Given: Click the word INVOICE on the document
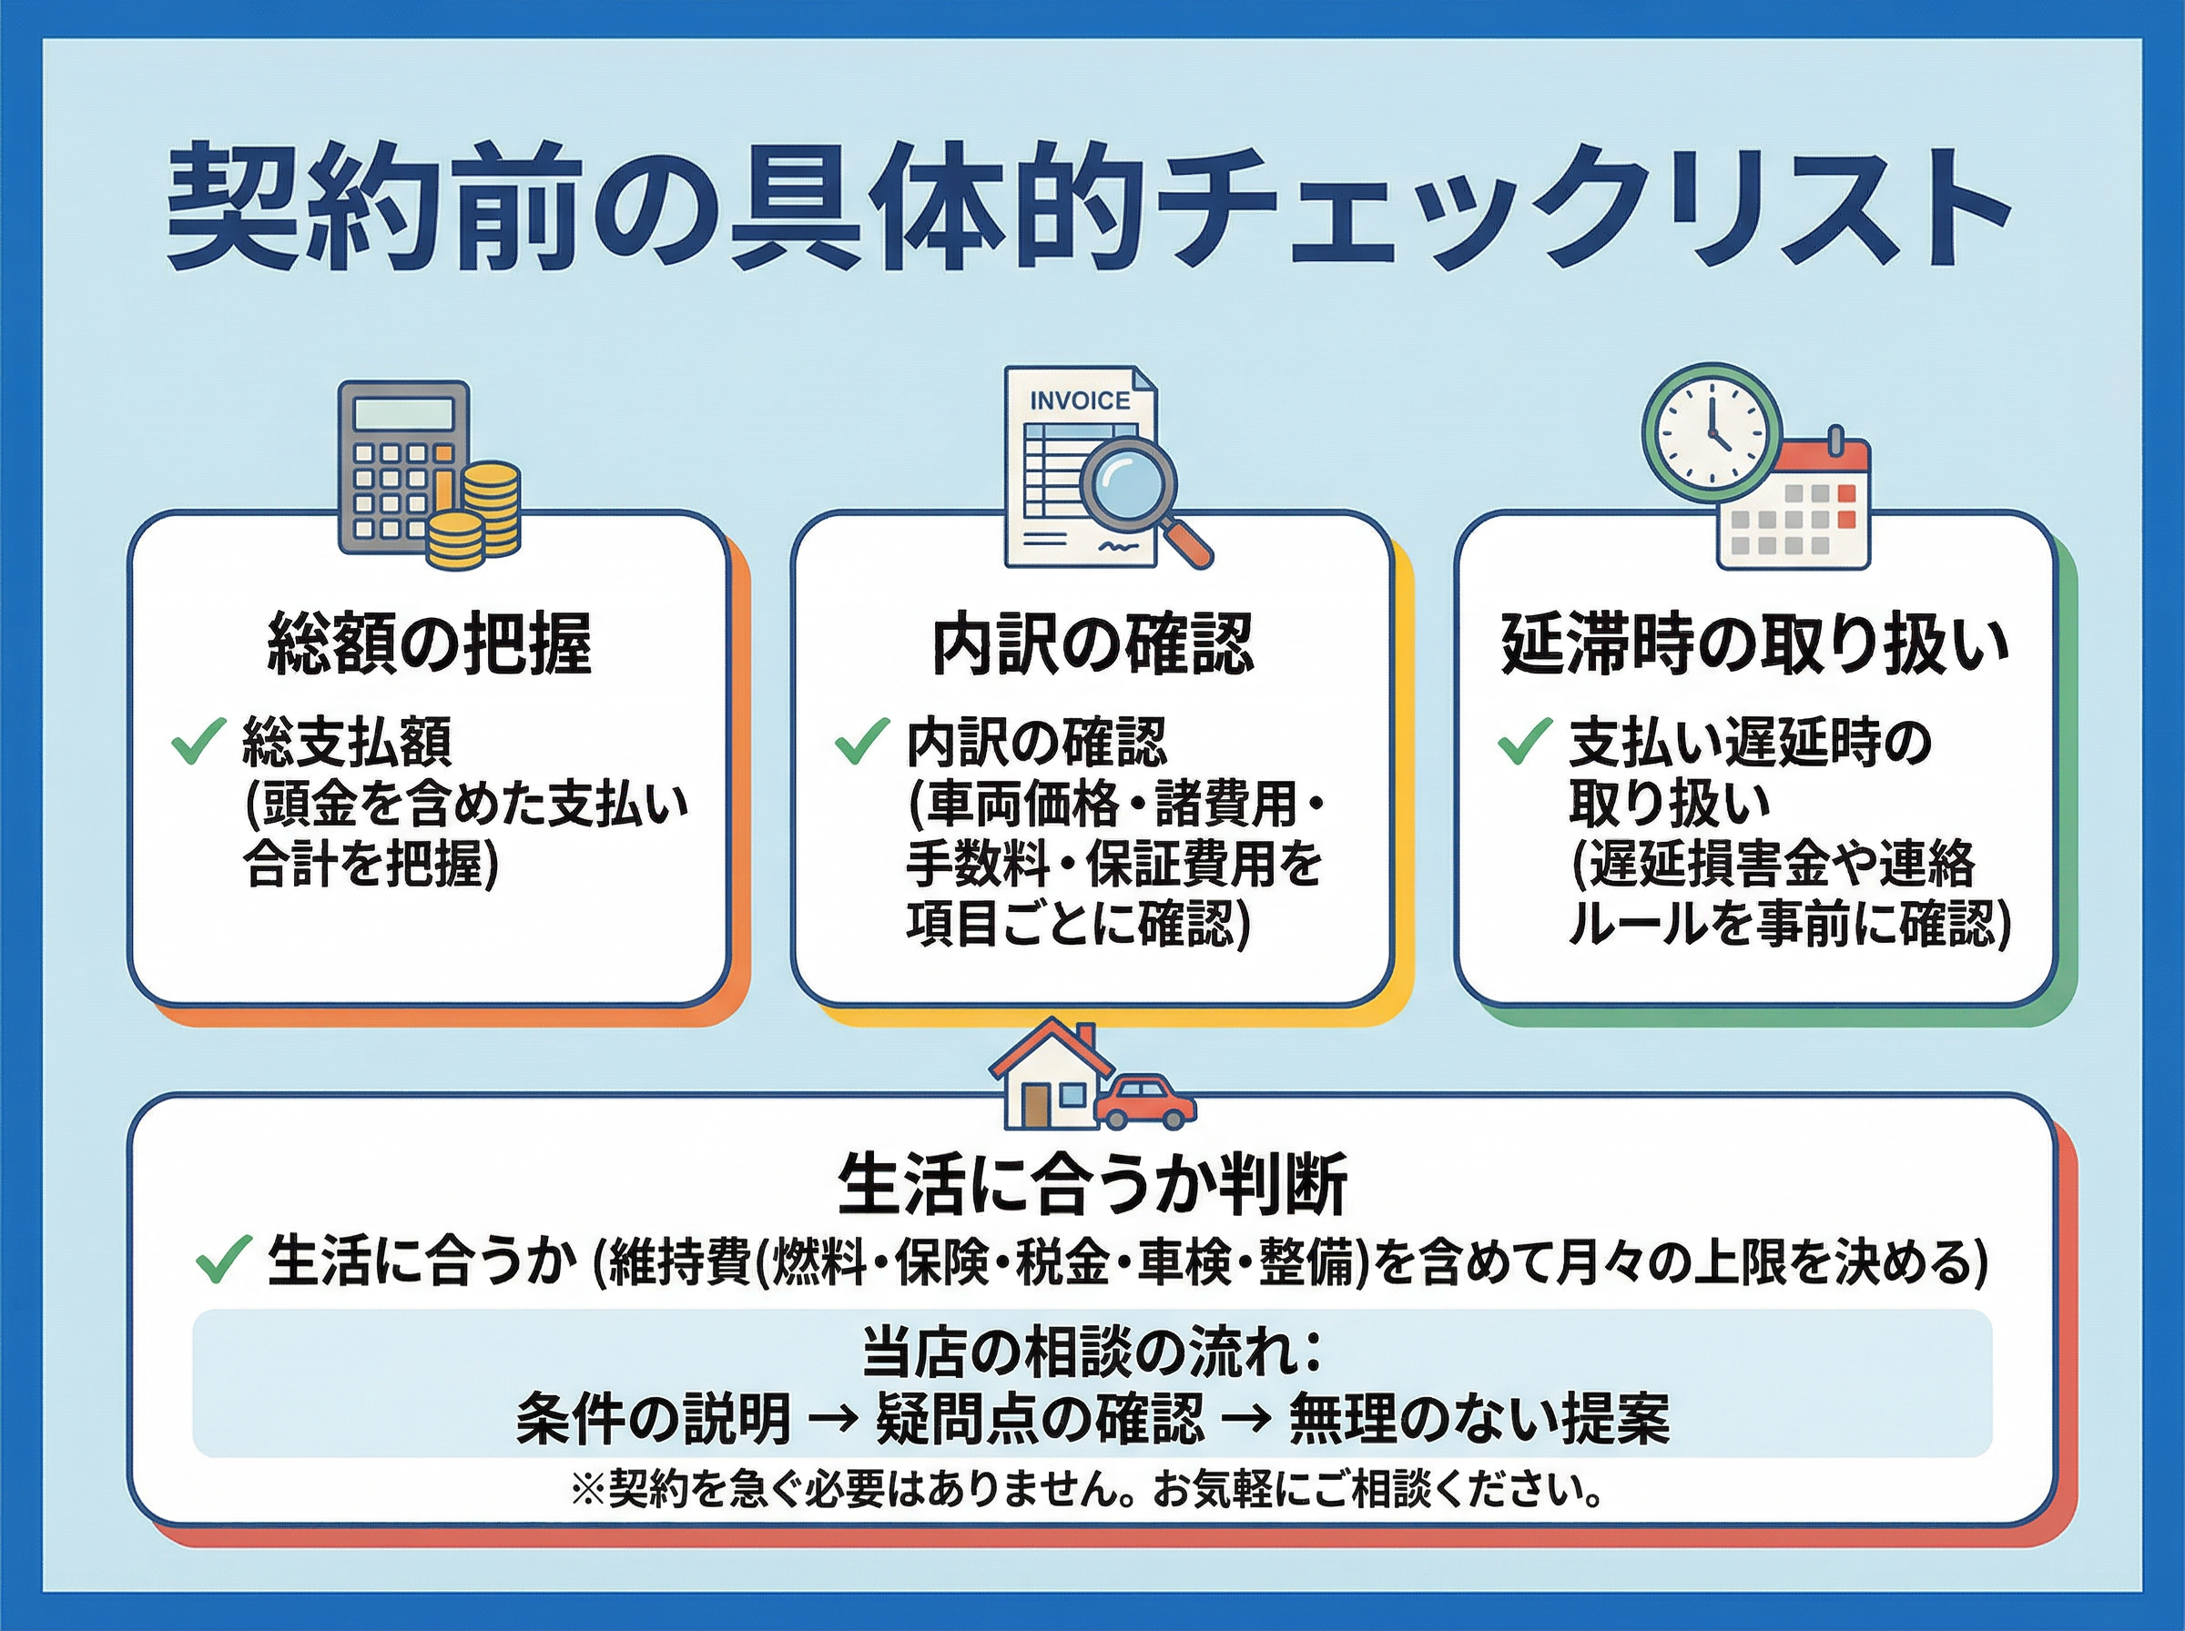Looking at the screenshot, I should click(1079, 400).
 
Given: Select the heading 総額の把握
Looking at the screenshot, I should click(430, 643).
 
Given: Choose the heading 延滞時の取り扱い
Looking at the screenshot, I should click(1754, 643).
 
